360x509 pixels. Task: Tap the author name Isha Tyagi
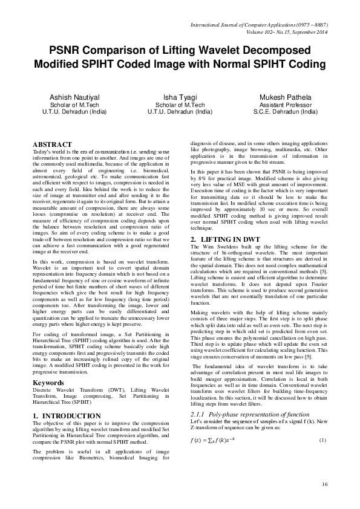tap(179, 97)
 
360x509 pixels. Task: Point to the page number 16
tap(324, 484)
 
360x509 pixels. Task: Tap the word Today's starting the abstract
tap(42, 151)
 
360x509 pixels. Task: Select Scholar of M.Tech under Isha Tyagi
tap(179, 105)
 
